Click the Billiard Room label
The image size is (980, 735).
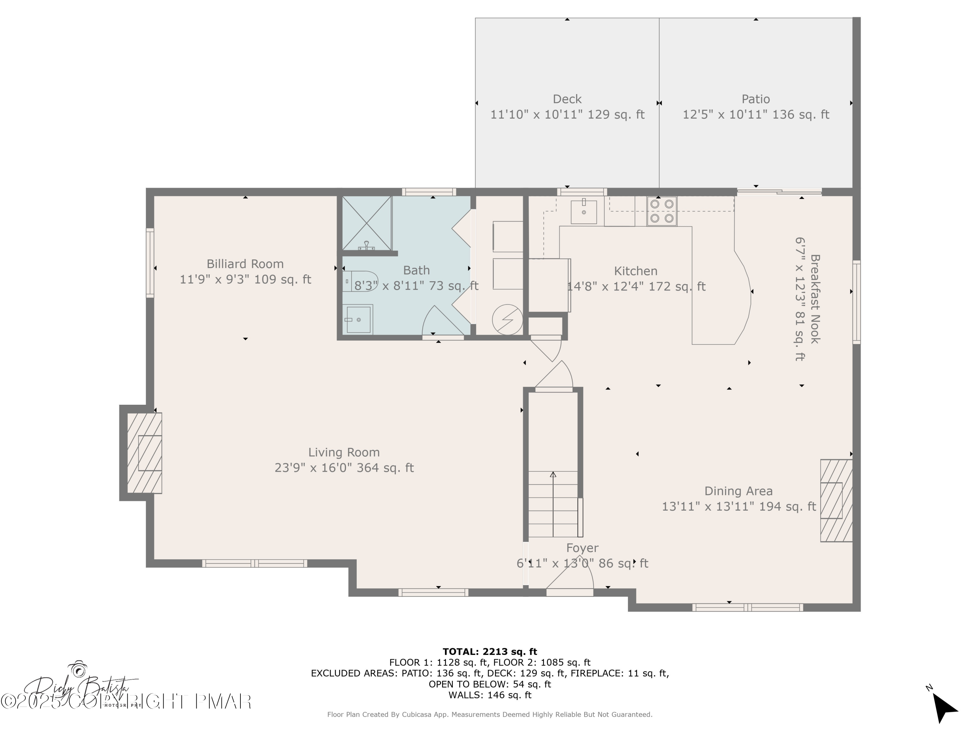(245, 264)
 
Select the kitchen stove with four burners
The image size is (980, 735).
(661, 211)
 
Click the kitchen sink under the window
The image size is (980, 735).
(583, 212)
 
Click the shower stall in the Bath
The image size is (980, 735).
(367, 223)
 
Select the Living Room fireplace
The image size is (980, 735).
(144, 453)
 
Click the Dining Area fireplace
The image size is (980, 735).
(836, 500)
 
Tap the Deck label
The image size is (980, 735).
(567, 99)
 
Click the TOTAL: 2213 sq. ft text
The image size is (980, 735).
(490, 652)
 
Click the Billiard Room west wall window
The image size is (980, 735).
(150, 263)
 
